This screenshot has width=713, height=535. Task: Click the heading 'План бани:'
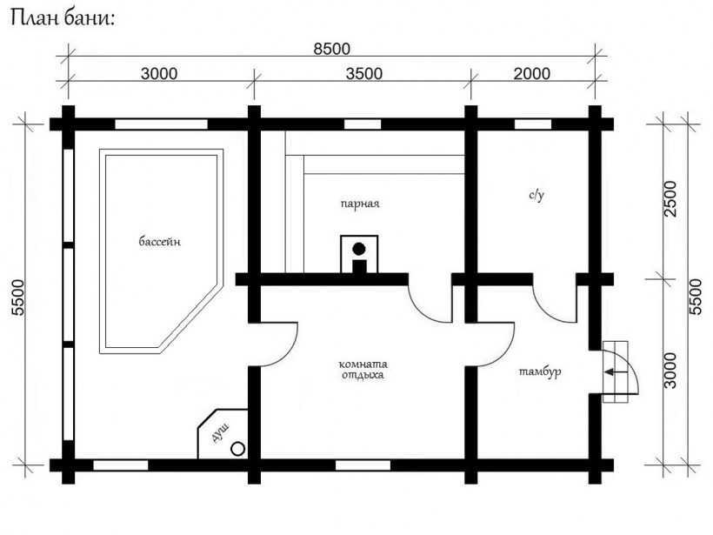point(63,18)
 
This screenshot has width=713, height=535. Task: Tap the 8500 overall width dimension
point(332,49)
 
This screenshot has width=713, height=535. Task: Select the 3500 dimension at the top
point(364,74)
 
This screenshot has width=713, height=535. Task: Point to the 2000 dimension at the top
point(532,74)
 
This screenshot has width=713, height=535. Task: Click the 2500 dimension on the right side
point(670,199)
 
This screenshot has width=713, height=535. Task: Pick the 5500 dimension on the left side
point(18,298)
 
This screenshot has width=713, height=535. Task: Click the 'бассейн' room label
point(160,241)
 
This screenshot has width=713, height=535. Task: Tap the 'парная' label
point(360,204)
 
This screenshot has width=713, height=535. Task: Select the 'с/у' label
point(536,195)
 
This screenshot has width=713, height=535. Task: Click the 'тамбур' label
point(540,371)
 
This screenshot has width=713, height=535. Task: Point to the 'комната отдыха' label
point(363,370)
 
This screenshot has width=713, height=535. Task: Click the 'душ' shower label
point(221,432)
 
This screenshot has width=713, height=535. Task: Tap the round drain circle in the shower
point(238,449)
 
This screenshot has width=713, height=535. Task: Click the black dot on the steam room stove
point(359,249)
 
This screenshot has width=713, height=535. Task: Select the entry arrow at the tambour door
point(616,372)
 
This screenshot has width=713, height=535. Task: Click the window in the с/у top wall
point(533,124)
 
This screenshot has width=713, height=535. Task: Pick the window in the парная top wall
point(363,124)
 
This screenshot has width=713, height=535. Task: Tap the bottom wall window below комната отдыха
point(363,465)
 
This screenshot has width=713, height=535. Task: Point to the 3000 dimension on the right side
point(670,371)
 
